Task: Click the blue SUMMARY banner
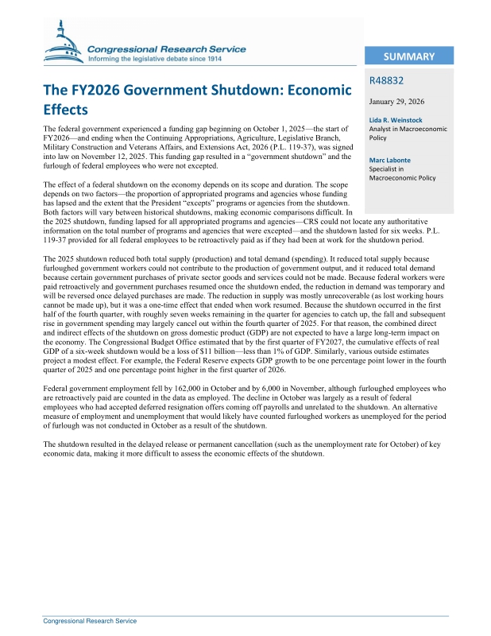[x=408, y=56]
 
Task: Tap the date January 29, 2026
[x=400, y=102]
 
